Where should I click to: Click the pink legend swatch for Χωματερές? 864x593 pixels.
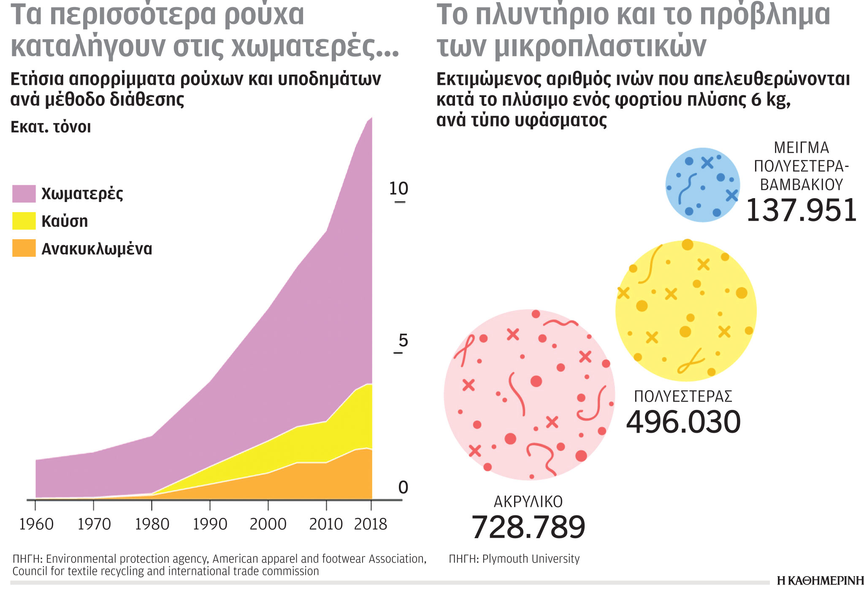tap(24, 194)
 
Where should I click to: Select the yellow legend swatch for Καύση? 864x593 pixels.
tap(24, 221)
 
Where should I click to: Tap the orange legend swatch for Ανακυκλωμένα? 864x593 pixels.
tap(24, 248)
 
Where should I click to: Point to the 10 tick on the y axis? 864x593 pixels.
tap(398, 189)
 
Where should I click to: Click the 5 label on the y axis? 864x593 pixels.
tap(403, 340)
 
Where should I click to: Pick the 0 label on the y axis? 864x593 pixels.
tap(403, 488)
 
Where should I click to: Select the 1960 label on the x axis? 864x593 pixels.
tap(36, 524)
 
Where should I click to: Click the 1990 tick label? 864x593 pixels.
tap(210, 524)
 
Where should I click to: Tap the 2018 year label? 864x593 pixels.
tap(370, 524)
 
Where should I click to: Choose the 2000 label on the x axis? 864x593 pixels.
tap(268, 524)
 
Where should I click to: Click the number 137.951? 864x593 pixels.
tap(801, 210)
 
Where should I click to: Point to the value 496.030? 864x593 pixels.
tap(683, 422)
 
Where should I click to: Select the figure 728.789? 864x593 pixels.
tap(528, 527)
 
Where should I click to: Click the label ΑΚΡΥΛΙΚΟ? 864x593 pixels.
tap(528, 502)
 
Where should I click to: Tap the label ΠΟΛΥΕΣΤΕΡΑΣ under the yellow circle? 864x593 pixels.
tap(683, 396)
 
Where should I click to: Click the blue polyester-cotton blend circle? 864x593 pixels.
tap(702, 185)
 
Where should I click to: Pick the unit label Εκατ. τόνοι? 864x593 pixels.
tap(51, 127)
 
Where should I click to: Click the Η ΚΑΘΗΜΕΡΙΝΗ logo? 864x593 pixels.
tap(820, 581)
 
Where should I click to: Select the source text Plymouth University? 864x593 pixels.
tap(531, 559)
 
